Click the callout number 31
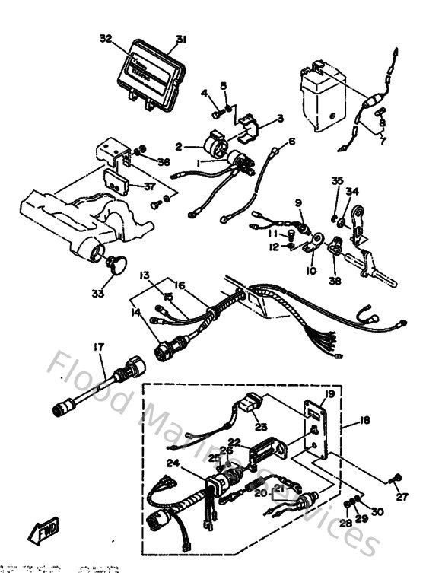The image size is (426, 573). point(180,39)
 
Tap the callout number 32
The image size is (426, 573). point(105,38)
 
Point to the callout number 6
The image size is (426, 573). point(291,142)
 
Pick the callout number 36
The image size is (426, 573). point(164,162)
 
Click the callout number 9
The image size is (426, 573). point(299,202)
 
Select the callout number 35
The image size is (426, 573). point(337,181)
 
